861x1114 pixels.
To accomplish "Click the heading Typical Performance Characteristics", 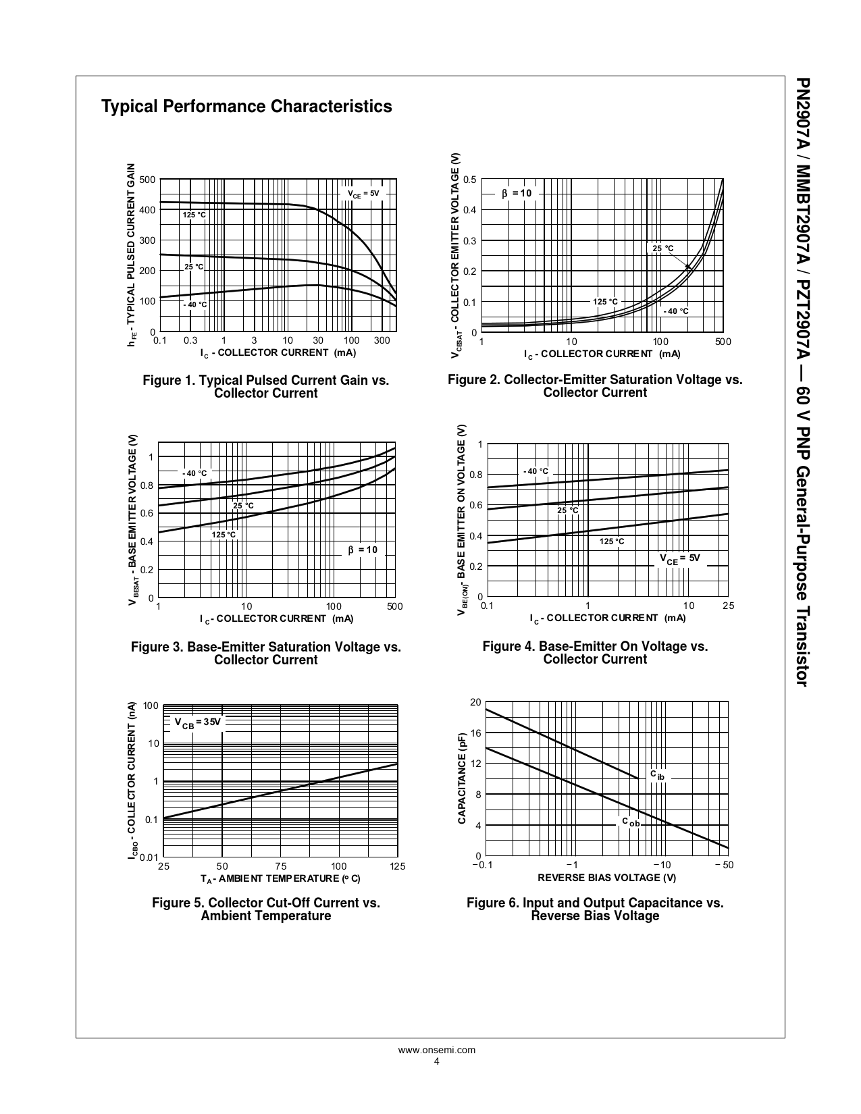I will pyautogui.click(x=246, y=107).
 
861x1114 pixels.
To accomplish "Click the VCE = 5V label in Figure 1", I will pyautogui.click(x=363, y=194).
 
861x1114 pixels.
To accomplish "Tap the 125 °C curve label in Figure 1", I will pyautogui.click(x=194, y=215).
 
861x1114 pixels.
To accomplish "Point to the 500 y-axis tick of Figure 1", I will pyautogui.click(x=147, y=180).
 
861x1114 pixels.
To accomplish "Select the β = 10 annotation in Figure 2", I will pyautogui.click(x=517, y=194).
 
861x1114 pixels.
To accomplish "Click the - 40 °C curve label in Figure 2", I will pyautogui.click(x=675, y=311).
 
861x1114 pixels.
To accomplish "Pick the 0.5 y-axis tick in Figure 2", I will pyautogui.click(x=470, y=180).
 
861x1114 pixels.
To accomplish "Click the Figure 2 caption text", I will pyautogui.click(x=595, y=386).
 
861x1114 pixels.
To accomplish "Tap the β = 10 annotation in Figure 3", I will pyautogui.click(x=363, y=550).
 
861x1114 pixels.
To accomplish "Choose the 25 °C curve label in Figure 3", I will pyautogui.click(x=243, y=506).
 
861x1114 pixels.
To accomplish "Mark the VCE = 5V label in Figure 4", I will pyautogui.click(x=679, y=559).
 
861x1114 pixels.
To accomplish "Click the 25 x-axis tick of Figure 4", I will pyautogui.click(x=727, y=606).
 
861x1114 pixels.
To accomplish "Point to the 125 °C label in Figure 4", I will pyautogui.click(x=612, y=541).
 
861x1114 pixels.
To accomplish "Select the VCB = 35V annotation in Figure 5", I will pyautogui.click(x=198, y=722).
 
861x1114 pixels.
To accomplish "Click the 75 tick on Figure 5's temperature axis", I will pyautogui.click(x=281, y=866).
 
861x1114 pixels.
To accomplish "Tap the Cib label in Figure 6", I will pyautogui.click(x=657, y=775).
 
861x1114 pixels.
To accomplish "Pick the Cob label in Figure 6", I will pyautogui.click(x=631, y=822).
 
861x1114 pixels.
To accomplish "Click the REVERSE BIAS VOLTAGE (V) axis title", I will pyautogui.click(x=606, y=878).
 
